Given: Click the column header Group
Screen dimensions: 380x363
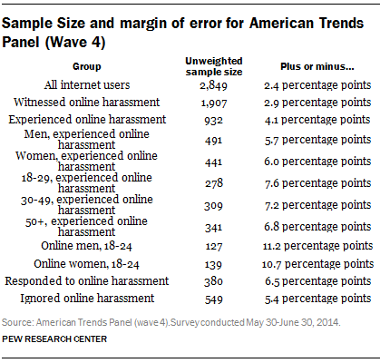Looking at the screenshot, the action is [87, 66].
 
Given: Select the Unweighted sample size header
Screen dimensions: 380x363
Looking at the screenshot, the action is [214, 66].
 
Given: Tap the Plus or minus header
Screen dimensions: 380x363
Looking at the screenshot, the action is [317, 66].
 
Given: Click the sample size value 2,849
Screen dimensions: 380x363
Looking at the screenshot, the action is [213, 85].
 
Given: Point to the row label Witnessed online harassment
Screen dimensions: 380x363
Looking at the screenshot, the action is [86, 103].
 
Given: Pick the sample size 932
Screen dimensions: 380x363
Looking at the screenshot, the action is [213, 121].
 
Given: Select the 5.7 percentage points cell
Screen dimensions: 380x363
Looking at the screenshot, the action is [317, 140].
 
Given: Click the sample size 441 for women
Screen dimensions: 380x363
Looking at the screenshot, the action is [213, 162].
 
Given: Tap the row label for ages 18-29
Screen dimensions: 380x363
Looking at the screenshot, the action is [86, 182].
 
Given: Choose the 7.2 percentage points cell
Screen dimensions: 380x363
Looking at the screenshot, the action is [317, 205].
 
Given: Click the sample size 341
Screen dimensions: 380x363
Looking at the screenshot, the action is [213, 228].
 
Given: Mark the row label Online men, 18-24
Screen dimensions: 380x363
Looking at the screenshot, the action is [86, 246].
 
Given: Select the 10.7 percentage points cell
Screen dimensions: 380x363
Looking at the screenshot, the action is [317, 264].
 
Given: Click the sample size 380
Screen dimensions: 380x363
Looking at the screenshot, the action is [213, 281].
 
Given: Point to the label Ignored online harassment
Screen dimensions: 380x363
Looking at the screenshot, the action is [87, 299].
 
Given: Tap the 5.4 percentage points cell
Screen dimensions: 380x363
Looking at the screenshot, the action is [317, 299].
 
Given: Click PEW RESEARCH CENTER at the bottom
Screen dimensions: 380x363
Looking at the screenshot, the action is [54, 339].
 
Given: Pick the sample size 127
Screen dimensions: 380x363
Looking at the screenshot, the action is [213, 247].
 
